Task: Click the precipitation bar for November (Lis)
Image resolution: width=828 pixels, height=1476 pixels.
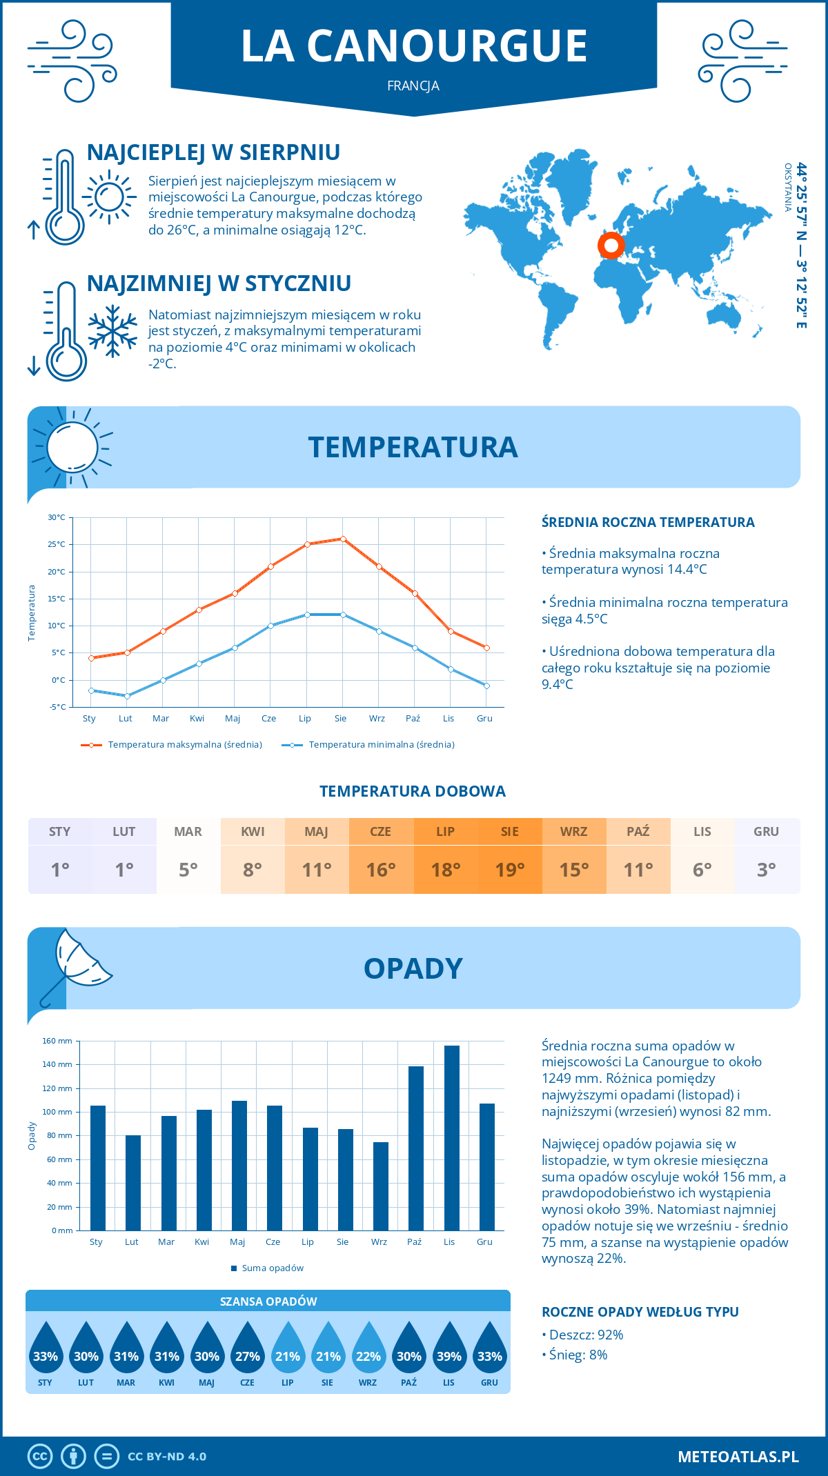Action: coord(451,1138)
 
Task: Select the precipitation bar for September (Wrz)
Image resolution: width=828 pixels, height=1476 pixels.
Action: coord(381,1186)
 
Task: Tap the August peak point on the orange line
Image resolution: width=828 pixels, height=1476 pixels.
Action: coord(343,539)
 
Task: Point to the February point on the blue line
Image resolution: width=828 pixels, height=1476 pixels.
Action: coord(127,696)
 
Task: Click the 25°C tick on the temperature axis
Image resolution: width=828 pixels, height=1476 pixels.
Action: coord(57,544)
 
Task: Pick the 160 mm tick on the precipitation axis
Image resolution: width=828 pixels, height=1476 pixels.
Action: coord(57,1041)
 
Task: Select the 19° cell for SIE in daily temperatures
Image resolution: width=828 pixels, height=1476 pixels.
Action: coord(510,869)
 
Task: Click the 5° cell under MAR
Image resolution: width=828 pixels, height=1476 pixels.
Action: coord(188,869)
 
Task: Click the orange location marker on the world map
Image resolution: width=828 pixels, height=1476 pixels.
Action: coord(611,244)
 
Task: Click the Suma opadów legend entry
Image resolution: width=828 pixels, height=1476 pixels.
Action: coord(272,1268)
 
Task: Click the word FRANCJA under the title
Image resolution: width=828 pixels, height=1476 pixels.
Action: coord(413,86)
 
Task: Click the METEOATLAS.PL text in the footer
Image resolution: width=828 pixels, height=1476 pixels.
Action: coord(738,1457)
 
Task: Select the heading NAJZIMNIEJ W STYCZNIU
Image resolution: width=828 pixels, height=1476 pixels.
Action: coord(219,283)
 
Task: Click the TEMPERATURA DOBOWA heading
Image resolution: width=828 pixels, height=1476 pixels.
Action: coord(413,791)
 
